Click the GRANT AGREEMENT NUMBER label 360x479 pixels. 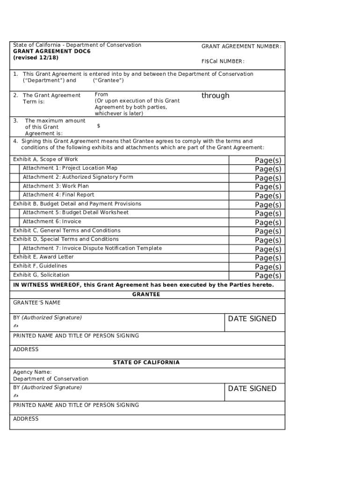241,47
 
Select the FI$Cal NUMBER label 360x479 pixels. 223,62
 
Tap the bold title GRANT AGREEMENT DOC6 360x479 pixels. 52,51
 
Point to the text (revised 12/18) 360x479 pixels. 36,58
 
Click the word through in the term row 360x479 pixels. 215,95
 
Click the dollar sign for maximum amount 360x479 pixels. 99,126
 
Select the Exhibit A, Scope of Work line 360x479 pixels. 45,160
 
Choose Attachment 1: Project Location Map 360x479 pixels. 70,168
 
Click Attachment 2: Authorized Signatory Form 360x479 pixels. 78,177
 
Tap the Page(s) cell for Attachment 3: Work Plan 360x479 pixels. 268,187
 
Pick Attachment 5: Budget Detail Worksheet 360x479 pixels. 76,212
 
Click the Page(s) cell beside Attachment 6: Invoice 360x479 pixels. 268,223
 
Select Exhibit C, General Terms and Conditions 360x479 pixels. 66,231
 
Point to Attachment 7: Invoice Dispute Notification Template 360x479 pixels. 92,248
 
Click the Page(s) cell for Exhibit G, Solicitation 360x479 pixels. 268,276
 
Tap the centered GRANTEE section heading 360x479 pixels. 146,295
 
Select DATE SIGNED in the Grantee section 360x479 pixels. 252,319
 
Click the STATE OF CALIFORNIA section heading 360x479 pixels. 146,363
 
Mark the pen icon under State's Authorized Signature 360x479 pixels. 16,395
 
